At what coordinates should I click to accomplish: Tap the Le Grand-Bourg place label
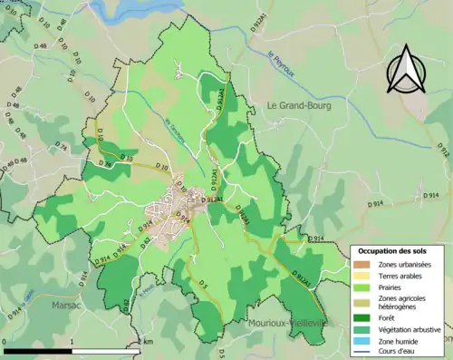(299, 105)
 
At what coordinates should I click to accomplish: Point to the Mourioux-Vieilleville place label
(288, 322)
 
